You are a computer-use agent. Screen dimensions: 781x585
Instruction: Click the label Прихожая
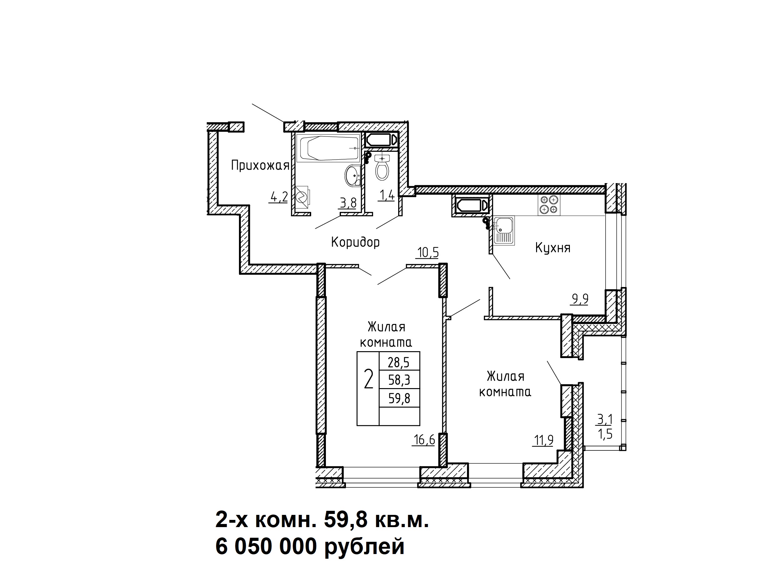pos(260,165)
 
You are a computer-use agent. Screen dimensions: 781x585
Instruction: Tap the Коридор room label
pos(356,242)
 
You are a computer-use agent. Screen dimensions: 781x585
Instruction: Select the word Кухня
pos(553,248)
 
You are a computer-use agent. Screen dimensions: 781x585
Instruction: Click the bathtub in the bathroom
pos(328,148)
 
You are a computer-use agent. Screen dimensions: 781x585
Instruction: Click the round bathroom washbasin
pos(352,175)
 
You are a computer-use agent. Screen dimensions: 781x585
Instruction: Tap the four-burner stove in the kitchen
pos(549,205)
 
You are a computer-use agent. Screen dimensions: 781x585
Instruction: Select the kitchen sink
pos(504,230)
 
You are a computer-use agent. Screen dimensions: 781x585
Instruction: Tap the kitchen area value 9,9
pos(580,299)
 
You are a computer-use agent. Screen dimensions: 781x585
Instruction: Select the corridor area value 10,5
pos(428,253)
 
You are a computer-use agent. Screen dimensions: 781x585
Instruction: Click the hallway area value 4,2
pos(279,197)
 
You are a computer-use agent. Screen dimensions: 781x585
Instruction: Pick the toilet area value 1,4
pos(386,195)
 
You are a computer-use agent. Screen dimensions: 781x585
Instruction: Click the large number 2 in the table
pos(368,379)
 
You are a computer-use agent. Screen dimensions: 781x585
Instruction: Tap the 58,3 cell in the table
pos(399,380)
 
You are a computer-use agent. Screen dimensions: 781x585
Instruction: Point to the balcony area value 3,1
pos(605,419)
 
